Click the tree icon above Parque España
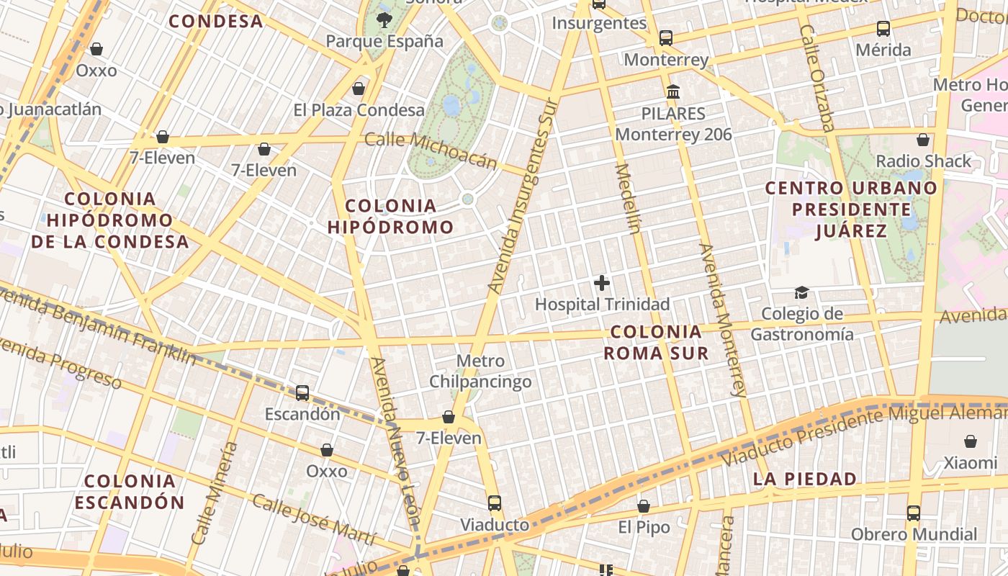click(384, 20)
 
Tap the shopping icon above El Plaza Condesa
click(359, 89)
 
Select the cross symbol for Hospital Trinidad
click(602, 283)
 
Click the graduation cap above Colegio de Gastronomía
click(801, 292)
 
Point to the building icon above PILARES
click(673, 92)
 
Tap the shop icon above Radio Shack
click(923, 140)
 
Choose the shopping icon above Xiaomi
click(971, 441)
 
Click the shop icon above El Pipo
click(644, 506)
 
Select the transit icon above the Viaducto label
click(494, 503)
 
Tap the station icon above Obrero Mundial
click(914, 513)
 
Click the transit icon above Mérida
click(883, 30)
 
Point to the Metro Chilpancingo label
click(480, 371)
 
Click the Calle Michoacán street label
click(431, 149)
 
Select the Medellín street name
click(627, 199)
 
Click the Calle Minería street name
click(215, 492)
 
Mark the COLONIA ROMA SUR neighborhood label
click(655, 342)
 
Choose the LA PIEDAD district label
click(805, 479)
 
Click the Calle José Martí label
click(313, 519)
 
